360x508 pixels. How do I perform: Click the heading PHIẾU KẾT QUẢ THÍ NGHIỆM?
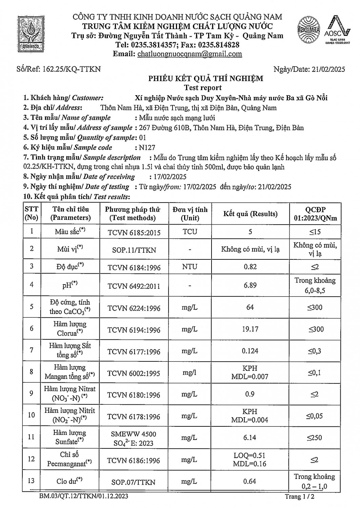click(205, 79)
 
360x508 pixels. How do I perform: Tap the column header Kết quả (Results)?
click(250, 214)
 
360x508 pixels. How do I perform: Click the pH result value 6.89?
click(250, 285)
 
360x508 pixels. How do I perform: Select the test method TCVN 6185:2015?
click(134, 232)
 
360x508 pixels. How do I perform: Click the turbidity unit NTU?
click(189, 267)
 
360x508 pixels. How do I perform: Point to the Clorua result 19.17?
click(250, 329)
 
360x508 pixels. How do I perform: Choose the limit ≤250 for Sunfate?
click(315, 438)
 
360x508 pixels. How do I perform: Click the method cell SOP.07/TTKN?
click(134, 482)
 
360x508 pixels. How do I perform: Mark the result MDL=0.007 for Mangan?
click(250, 376)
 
